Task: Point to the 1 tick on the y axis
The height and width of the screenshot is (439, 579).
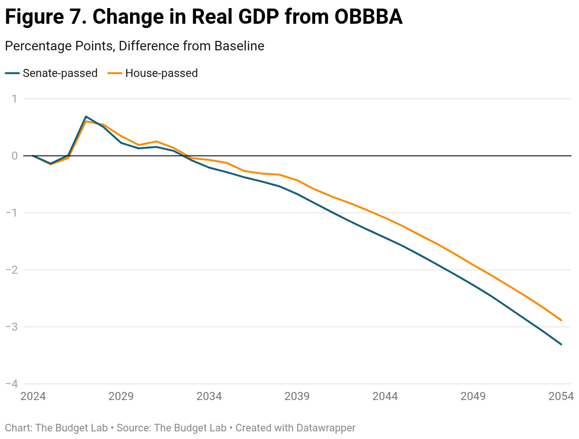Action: click(x=15, y=99)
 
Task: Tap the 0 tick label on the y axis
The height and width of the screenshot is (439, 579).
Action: click(x=15, y=156)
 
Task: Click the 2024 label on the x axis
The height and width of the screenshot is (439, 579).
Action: click(x=33, y=396)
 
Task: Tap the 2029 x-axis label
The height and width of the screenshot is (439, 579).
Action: click(x=121, y=396)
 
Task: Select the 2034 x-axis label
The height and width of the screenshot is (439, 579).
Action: click(x=209, y=396)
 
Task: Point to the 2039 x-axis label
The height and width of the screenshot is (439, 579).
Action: click(x=297, y=396)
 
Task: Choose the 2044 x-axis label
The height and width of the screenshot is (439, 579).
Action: click(x=385, y=396)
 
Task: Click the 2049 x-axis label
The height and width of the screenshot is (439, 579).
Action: click(x=473, y=396)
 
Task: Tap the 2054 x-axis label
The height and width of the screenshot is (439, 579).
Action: click(x=561, y=396)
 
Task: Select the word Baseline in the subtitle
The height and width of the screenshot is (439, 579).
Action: click(x=239, y=46)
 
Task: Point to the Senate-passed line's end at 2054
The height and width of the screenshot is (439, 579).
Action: click(x=561, y=344)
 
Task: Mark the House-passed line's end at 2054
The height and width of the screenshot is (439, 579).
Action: click(x=561, y=320)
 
